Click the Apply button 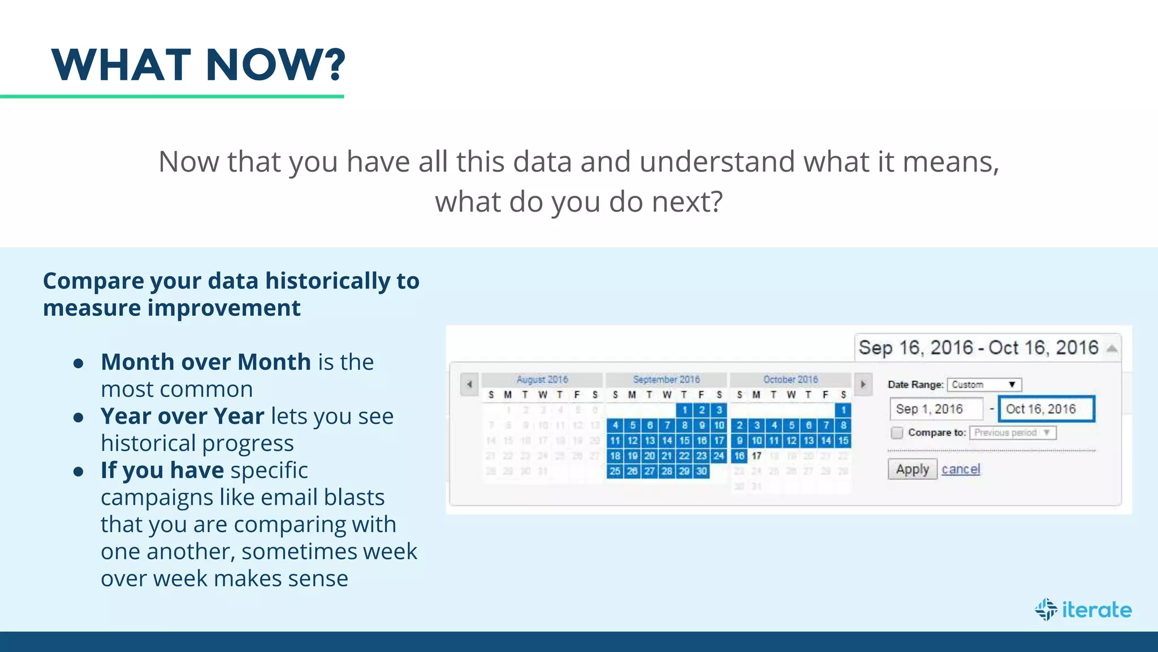coord(912,469)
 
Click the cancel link coord(961,469)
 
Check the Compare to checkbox coord(897,433)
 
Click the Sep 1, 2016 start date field coord(936,409)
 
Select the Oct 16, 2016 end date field coord(1046,409)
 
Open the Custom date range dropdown coord(984,385)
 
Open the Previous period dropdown coord(1012,433)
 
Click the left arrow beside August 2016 coord(469,384)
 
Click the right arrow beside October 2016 coord(863,384)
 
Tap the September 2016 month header coord(666,380)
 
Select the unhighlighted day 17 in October coord(757,456)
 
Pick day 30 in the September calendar coord(701,471)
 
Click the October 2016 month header coord(790,380)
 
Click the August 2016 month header coord(542,380)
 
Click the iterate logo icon coord(1046,610)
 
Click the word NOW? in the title coord(275,65)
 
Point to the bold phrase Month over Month coord(206,362)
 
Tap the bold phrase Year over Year coord(182,417)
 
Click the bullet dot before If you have coord(79,471)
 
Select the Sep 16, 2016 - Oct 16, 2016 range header coord(978,348)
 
